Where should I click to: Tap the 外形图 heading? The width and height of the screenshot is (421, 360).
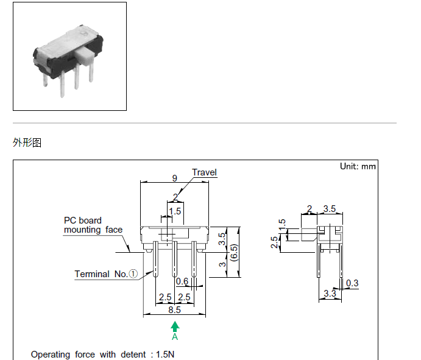click(x=27, y=143)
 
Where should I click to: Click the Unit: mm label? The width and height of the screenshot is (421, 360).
click(x=358, y=166)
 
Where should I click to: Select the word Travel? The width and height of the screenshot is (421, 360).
click(x=204, y=172)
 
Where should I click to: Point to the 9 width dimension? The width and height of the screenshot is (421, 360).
click(x=175, y=178)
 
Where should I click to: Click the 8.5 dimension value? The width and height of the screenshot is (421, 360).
click(x=175, y=309)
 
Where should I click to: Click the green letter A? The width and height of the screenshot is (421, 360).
click(x=175, y=336)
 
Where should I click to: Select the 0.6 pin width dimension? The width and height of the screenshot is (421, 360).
click(x=182, y=281)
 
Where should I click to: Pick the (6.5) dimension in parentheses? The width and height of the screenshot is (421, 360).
click(x=234, y=251)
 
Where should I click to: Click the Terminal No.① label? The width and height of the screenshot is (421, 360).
click(x=106, y=274)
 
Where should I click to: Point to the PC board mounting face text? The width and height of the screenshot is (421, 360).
click(x=93, y=225)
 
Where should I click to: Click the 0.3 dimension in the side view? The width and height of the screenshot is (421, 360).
click(x=352, y=283)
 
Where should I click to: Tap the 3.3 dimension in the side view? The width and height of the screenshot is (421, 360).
click(x=330, y=294)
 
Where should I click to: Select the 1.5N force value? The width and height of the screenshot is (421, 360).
click(x=165, y=354)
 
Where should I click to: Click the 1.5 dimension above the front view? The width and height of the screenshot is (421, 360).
click(x=175, y=211)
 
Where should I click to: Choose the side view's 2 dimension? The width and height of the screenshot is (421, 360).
click(x=310, y=209)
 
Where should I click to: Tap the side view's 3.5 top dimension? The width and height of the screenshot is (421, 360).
click(x=330, y=209)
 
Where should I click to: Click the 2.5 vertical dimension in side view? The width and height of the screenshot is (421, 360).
click(x=275, y=243)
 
